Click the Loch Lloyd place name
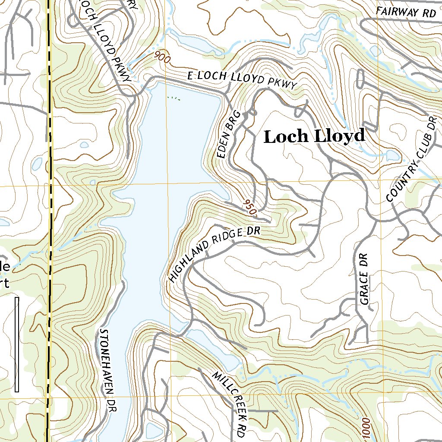[314, 137]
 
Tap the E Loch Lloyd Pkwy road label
[242, 80]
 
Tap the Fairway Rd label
[406, 13]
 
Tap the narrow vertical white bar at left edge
[17, 344]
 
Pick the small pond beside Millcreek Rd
[214, 348]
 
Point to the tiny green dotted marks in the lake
[174, 98]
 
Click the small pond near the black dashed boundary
[38, 164]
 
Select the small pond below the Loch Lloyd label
[392, 155]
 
